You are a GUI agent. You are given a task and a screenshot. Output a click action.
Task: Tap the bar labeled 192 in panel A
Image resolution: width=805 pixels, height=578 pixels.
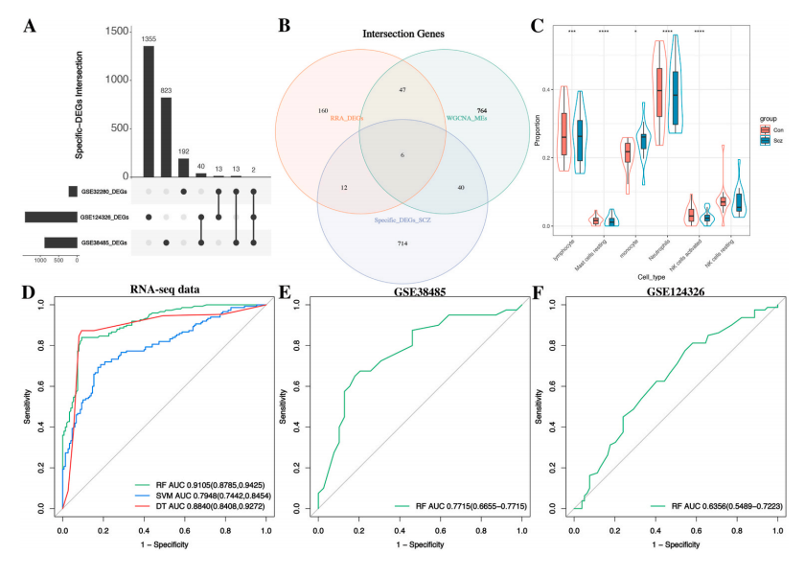185,167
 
